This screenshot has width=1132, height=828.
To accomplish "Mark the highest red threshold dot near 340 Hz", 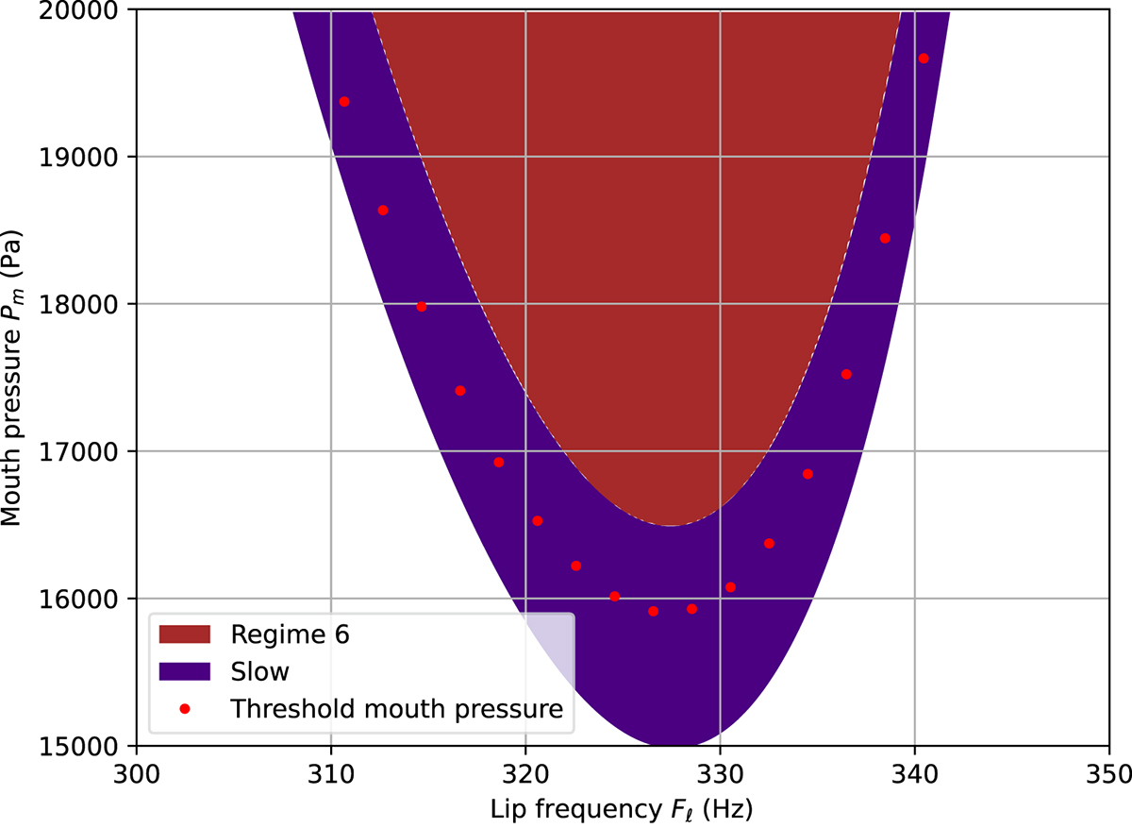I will tap(924, 59).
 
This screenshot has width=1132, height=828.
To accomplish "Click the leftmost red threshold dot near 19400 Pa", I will tap(344, 102).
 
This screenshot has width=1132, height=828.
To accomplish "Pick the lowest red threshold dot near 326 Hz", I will tap(653, 611).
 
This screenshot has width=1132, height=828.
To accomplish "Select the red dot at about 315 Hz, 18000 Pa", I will tap(422, 307).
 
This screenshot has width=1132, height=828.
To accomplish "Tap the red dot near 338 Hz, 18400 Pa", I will tap(885, 238).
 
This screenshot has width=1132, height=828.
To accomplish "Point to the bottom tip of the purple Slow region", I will tap(687, 744).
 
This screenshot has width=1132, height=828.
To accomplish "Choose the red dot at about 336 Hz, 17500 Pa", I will tap(846, 374).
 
